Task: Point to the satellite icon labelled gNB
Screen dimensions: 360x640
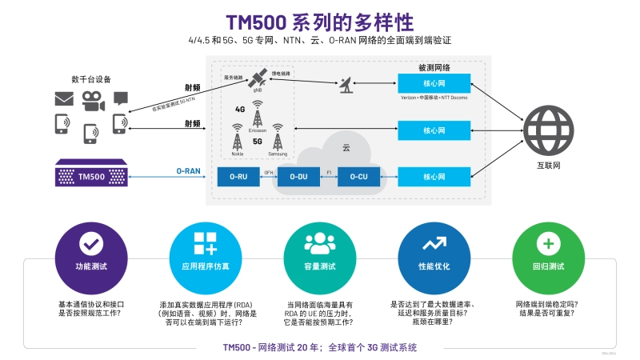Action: (x=258, y=78)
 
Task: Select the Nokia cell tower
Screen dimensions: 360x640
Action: (x=237, y=136)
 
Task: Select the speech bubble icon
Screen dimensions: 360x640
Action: (x=120, y=98)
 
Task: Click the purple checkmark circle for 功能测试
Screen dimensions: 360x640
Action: (x=90, y=243)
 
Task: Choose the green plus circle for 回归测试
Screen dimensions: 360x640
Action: (x=548, y=243)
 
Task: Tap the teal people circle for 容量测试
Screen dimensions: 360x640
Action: (x=319, y=243)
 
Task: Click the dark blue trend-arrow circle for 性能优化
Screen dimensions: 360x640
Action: (x=434, y=243)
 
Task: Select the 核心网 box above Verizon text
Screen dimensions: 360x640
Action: (x=434, y=84)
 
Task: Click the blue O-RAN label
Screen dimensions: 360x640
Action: (x=188, y=170)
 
